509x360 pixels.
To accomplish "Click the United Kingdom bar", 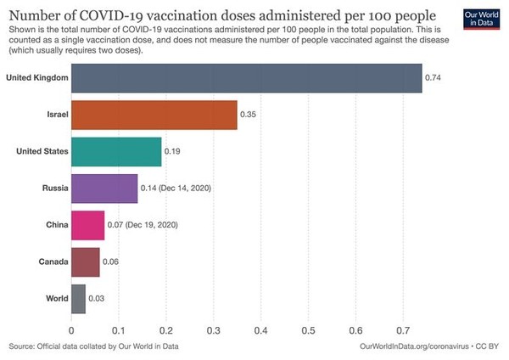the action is click(x=247, y=78).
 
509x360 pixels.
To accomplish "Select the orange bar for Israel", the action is click(x=154, y=115).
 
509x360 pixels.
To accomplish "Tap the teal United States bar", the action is click(x=116, y=152).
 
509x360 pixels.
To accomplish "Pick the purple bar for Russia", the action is click(x=104, y=188).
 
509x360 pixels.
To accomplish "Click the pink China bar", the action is click(x=88, y=225).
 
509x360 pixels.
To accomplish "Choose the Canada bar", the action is click(x=86, y=262).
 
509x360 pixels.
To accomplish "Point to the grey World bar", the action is click(x=79, y=299).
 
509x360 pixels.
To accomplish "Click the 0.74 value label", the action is click(x=433, y=77).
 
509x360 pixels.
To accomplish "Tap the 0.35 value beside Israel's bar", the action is click(x=248, y=115).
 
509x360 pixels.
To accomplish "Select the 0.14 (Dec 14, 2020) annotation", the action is click(x=176, y=188).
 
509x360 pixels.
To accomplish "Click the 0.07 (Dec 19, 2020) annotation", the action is click(x=143, y=225).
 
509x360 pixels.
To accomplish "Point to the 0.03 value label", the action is click(x=97, y=299).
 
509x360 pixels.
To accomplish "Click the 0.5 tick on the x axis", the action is click(x=309, y=331).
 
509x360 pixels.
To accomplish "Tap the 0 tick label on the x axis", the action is click(x=71, y=331).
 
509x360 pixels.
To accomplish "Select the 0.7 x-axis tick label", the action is click(x=403, y=331).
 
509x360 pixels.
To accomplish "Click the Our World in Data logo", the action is click(x=481, y=20).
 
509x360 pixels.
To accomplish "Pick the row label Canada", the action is click(x=53, y=262).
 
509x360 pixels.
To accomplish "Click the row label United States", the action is click(x=42, y=151).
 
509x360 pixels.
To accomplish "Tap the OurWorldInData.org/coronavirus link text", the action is click(x=414, y=346).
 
